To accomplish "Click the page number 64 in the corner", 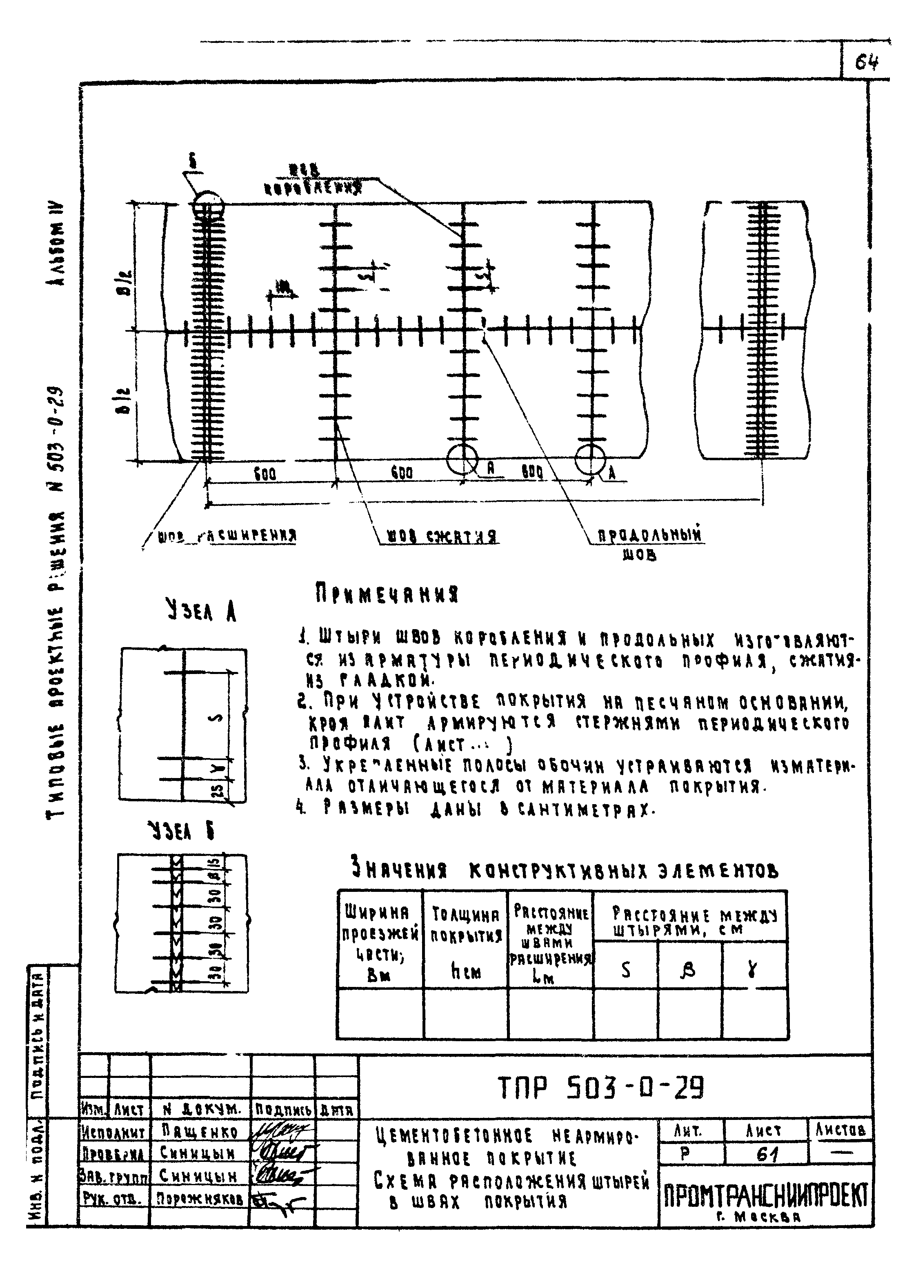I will tap(867, 62).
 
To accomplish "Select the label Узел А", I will tap(200, 610).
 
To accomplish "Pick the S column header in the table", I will tap(625, 970).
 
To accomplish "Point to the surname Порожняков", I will tap(200, 1200).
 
